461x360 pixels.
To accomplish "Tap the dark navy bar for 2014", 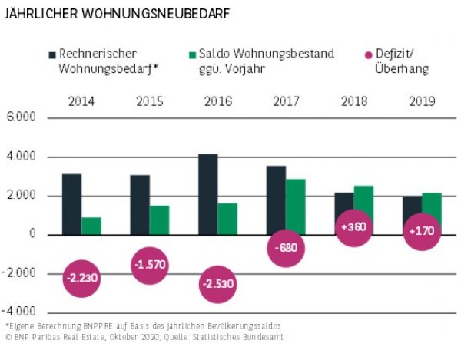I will point(71,203).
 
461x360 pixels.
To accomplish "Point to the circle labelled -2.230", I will point(81,278).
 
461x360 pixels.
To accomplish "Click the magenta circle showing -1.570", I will point(150,265).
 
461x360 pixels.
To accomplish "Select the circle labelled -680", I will point(287,248).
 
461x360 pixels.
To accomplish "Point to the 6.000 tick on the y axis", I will point(22,118).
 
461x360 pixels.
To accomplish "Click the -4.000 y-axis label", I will point(20,312).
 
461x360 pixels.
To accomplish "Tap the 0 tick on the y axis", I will point(33,234).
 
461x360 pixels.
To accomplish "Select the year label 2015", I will point(150,101).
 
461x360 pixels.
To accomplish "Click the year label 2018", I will point(354,101).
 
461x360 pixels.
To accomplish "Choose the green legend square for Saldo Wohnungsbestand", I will point(194,54).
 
